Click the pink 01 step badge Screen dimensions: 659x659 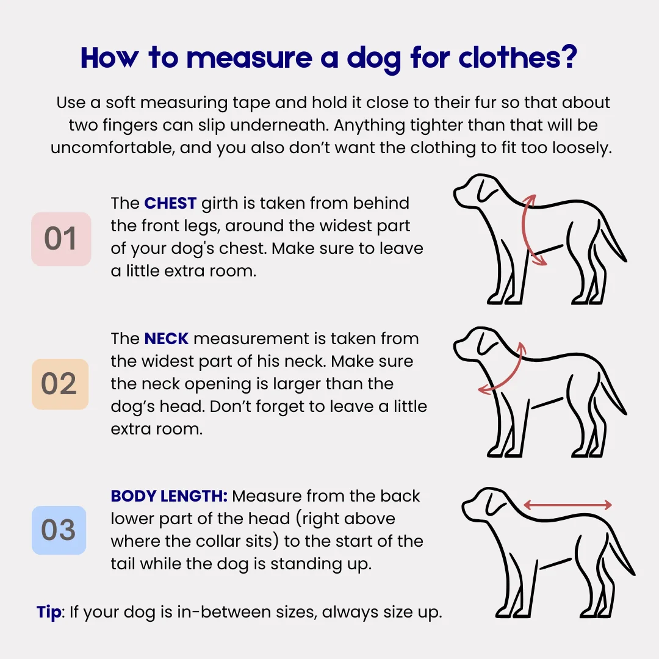(61, 239)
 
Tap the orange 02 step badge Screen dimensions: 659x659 (60, 384)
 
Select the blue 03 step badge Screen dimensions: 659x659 (59, 530)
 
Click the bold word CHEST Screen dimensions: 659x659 (170, 203)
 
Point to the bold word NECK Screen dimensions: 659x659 (167, 338)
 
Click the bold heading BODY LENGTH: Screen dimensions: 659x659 (169, 496)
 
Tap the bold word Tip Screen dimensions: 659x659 (49, 612)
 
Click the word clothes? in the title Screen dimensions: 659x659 (518, 57)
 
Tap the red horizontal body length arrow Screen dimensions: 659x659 (568, 505)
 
